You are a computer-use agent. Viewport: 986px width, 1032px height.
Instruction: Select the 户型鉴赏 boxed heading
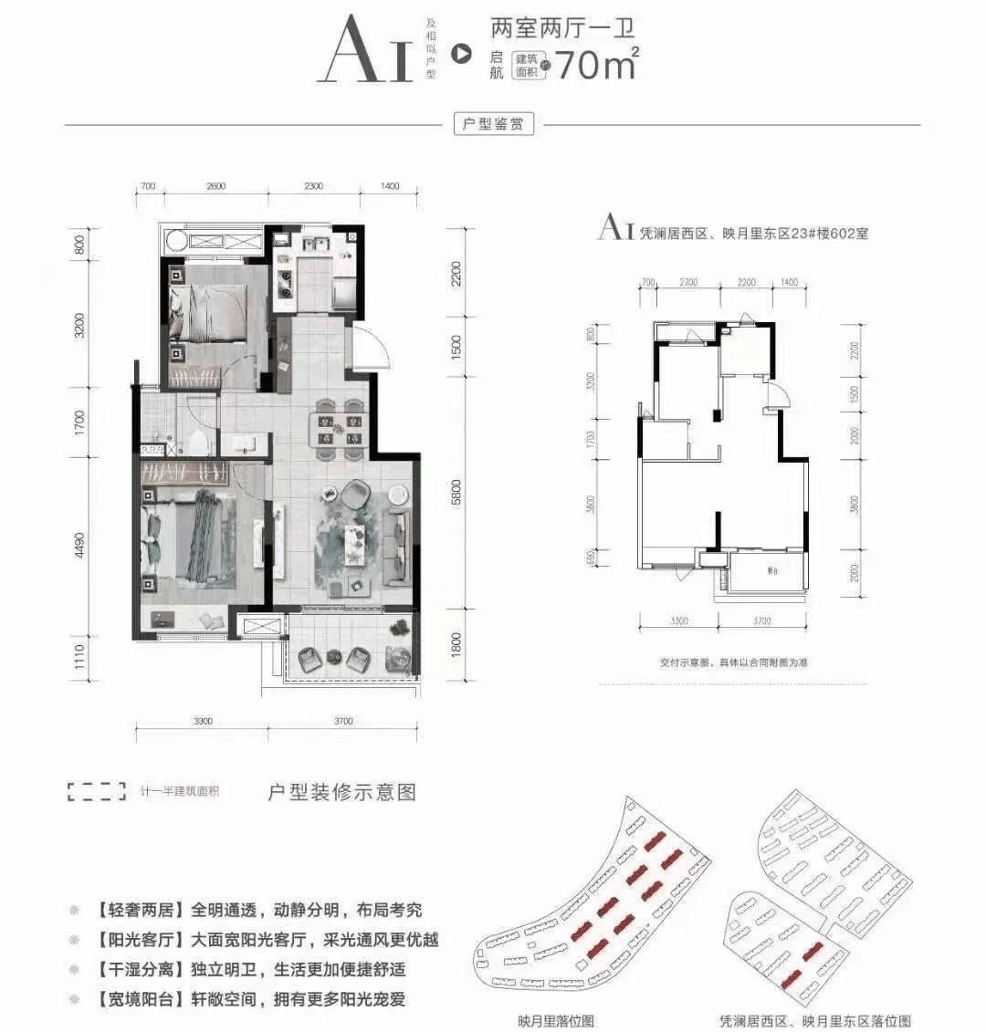point(493,124)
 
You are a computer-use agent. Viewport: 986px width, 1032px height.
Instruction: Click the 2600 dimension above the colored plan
point(215,186)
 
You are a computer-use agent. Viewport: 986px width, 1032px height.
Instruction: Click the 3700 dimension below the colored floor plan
point(343,721)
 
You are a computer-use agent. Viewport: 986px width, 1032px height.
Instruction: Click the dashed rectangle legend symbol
point(97,791)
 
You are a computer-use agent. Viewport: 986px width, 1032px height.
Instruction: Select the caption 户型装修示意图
point(341,791)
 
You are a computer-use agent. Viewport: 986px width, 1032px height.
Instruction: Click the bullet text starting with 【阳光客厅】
point(257,939)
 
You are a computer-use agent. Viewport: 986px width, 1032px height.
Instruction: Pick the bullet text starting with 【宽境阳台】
point(257,998)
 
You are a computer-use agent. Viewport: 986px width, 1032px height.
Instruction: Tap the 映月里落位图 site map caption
point(554,1021)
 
